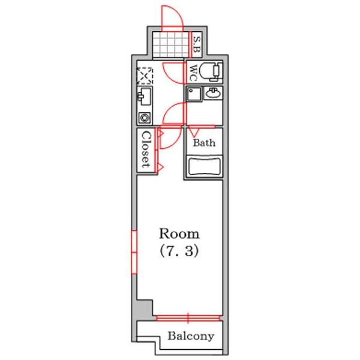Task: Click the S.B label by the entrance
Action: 197,45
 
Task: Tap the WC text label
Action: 194,73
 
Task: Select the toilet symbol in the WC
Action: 211,71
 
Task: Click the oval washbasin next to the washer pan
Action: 214,93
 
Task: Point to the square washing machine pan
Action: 194,94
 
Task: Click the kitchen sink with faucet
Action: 145,97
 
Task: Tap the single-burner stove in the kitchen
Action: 145,118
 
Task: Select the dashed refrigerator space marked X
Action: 145,76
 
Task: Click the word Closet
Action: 146,149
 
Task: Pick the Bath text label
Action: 204,143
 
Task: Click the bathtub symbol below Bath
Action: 204,166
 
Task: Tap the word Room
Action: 179,234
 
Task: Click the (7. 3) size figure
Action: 179,251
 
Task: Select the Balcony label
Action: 191,337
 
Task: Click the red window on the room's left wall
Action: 134,253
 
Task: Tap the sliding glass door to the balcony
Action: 188,318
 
